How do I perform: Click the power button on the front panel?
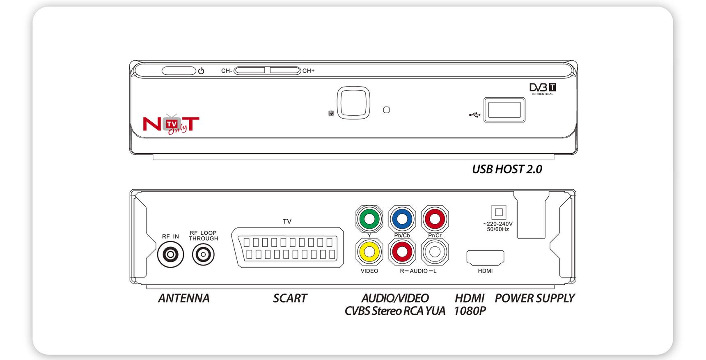pyautogui.click(x=179, y=71)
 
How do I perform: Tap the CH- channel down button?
pyautogui.click(x=250, y=71)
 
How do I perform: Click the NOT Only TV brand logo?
pyautogui.click(x=171, y=124)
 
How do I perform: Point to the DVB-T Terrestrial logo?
pyautogui.click(x=543, y=89)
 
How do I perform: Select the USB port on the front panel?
pyautogui.click(x=504, y=110)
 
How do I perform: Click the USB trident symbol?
pyautogui.click(x=474, y=115)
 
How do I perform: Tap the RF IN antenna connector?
pyautogui.click(x=170, y=255)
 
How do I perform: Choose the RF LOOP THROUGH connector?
pyautogui.click(x=203, y=255)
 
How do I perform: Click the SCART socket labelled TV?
pyautogui.click(x=287, y=248)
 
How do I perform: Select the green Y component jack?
pyautogui.click(x=369, y=219)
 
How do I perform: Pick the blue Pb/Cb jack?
pyautogui.click(x=402, y=219)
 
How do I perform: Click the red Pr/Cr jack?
pyautogui.click(x=435, y=219)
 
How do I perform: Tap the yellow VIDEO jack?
pyautogui.click(x=369, y=252)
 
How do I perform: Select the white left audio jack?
pyautogui.click(x=435, y=252)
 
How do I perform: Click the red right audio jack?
pyautogui.click(x=402, y=252)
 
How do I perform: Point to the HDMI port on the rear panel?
pyautogui.click(x=485, y=257)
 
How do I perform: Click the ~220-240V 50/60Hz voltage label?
pyautogui.click(x=498, y=227)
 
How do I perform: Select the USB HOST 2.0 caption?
pyautogui.click(x=507, y=169)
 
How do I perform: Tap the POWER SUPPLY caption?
pyautogui.click(x=534, y=298)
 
